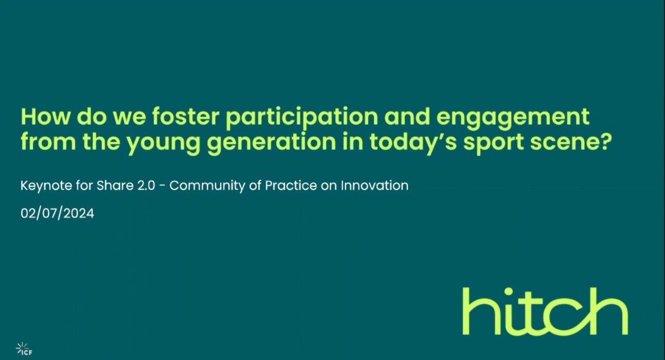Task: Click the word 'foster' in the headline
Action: click(x=186, y=117)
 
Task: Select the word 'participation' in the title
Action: click(x=301, y=119)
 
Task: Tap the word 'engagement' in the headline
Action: click(x=513, y=119)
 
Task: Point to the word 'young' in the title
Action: click(x=163, y=144)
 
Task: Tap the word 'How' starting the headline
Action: click(x=45, y=117)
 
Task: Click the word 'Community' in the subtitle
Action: click(x=207, y=186)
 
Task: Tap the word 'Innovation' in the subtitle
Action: click(x=374, y=186)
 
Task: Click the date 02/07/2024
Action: click(x=57, y=213)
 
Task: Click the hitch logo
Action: click(x=545, y=311)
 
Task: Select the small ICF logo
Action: click(x=24, y=349)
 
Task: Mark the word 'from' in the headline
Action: click(x=48, y=142)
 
